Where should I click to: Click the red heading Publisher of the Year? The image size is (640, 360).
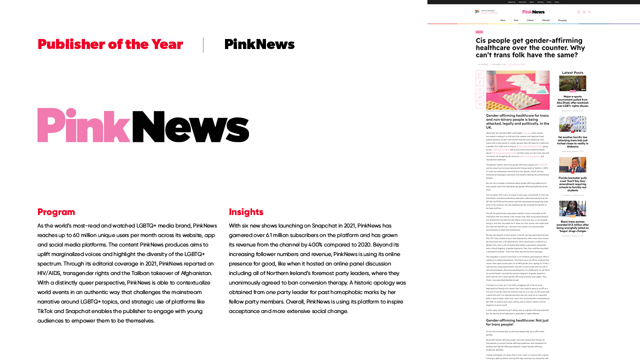tap(110, 44)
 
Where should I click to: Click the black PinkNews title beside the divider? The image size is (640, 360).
tap(259, 44)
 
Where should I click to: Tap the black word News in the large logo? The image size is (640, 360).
tap(190, 125)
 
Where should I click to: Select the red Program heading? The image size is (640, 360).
tap(56, 212)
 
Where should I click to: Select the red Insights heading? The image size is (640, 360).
tap(246, 212)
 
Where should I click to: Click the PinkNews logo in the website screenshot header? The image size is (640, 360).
tap(533, 12)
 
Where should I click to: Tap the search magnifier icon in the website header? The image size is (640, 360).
tap(589, 12)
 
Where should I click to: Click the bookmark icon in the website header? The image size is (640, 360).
tap(578, 12)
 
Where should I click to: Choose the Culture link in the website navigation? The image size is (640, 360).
tap(530, 20)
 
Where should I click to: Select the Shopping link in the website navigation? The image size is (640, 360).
tap(562, 20)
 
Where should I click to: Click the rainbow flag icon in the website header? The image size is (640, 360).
tap(477, 12)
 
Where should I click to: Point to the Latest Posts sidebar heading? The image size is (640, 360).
tap(572, 73)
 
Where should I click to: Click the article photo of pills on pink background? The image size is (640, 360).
tap(517, 90)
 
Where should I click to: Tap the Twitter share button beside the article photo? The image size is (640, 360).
tap(480, 74)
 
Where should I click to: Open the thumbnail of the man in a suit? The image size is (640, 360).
tap(572, 165)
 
